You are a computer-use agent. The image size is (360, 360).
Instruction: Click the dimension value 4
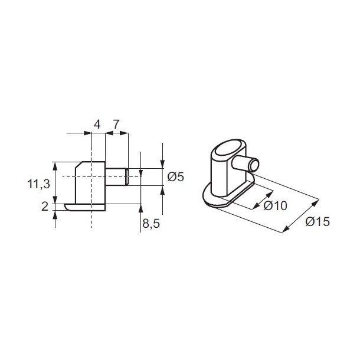[x=97, y=124]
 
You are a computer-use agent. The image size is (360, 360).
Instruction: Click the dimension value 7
[x=116, y=124]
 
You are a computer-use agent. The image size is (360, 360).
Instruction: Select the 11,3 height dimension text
[x=38, y=184]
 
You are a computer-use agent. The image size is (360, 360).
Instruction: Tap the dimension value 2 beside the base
[x=45, y=205]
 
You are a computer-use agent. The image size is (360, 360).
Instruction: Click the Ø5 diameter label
[x=176, y=176]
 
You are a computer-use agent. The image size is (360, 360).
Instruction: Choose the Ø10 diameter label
[x=275, y=206]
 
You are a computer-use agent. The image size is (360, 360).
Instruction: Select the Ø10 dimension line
[x=263, y=199]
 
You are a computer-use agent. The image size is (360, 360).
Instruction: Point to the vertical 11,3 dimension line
[x=55, y=184]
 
